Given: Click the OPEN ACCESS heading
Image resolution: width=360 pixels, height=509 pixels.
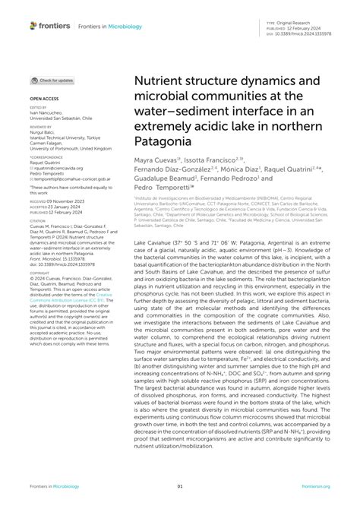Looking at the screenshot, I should click(x=45, y=99).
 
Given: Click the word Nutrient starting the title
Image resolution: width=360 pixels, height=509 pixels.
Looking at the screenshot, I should click(x=163, y=80).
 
